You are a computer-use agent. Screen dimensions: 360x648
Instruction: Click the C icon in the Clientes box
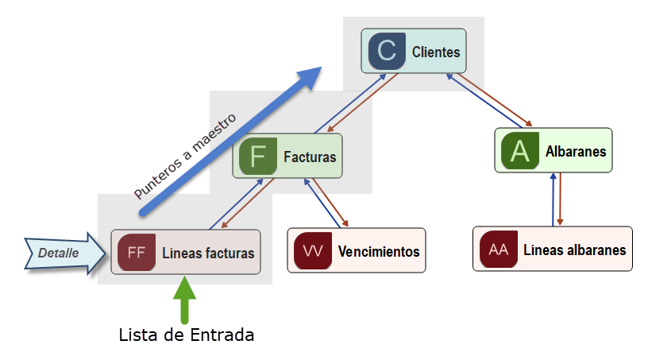tap(386, 52)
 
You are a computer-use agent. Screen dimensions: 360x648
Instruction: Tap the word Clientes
tap(436, 52)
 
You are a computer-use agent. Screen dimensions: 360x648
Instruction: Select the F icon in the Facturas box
tap(258, 156)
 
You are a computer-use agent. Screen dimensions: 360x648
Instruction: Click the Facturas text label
tap(310, 157)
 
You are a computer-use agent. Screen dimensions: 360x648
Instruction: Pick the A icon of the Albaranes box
tap(519, 150)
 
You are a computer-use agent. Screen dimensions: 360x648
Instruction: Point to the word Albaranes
tap(576, 151)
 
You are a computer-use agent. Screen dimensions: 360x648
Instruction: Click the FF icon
tap(136, 253)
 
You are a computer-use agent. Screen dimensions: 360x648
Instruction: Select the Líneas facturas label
tap(208, 254)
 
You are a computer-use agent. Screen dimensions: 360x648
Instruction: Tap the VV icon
tap(313, 251)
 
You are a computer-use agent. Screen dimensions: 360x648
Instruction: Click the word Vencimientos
tap(378, 251)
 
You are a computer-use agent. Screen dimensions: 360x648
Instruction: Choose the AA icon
tap(499, 250)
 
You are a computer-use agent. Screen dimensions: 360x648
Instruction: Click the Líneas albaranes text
tap(574, 250)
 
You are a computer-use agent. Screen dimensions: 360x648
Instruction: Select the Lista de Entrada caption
tap(187, 335)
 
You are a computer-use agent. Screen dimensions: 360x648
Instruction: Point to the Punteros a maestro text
tap(184, 156)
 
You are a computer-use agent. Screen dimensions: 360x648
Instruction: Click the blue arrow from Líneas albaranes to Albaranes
tap(553, 199)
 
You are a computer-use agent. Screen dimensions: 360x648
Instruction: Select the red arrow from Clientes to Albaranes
tap(496, 98)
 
